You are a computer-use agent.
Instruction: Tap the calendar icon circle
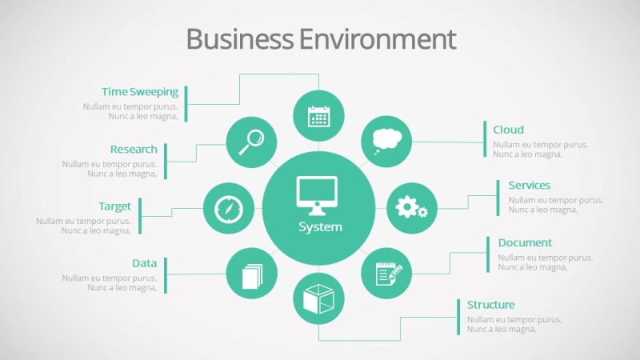click(318, 116)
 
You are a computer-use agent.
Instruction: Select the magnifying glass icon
click(251, 142)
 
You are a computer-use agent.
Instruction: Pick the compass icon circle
click(228, 209)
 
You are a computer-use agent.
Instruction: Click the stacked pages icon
click(251, 275)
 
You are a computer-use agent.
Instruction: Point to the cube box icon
click(318, 299)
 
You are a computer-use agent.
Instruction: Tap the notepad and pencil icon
click(386, 274)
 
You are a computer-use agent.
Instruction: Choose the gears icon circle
click(411, 208)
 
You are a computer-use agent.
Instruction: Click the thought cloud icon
click(386, 141)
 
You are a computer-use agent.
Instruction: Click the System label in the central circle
click(320, 227)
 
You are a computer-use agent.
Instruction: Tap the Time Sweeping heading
click(140, 92)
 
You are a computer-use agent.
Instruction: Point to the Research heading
click(134, 150)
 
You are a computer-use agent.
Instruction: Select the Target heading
click(114, 206)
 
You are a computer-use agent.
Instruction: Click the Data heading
click(144, 263)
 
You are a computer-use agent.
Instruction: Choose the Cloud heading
click(508, 130)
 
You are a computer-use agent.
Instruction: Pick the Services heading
click(529, 186)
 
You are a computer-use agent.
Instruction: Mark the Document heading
click(525, 242)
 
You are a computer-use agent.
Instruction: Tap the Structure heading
click(490, 305)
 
